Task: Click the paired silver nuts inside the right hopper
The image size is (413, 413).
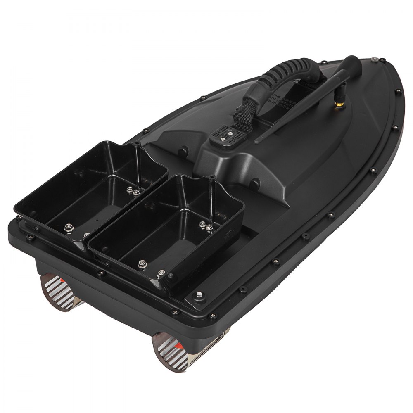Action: pos(205,225)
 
